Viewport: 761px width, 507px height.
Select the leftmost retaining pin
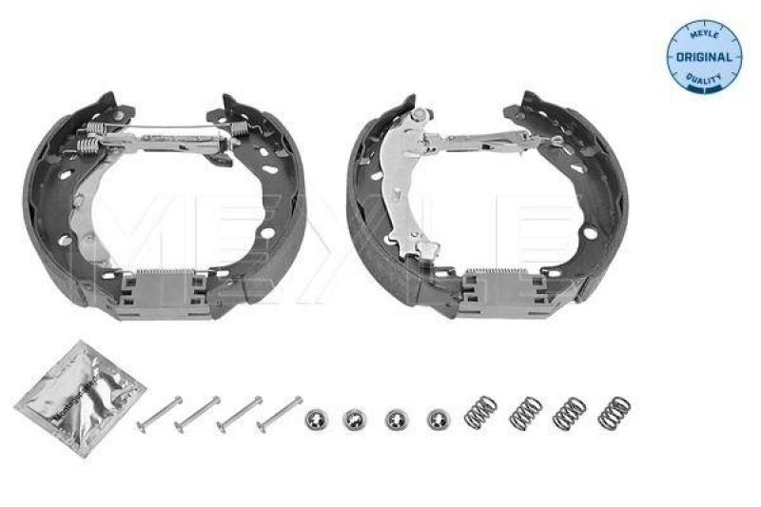pos(159,413)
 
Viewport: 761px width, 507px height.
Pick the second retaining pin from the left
pos(199,413)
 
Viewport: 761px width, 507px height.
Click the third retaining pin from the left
pos(240,413)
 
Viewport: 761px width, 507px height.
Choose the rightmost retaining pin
pos(280,413)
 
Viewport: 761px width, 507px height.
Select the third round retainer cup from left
pos(397,418)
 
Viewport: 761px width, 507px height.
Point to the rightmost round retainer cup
pos(438,418)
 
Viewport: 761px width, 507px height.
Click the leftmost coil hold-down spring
pos(480,412)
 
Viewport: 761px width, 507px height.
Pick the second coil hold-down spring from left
pos(525,412)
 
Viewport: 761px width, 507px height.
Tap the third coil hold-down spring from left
pos(569,412)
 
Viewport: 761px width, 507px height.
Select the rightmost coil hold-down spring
pos(614,412)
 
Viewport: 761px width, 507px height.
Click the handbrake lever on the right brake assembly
pos(405,185)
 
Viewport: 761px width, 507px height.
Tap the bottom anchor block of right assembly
pos(495,285)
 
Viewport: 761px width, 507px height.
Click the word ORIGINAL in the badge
pos(705,56)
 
